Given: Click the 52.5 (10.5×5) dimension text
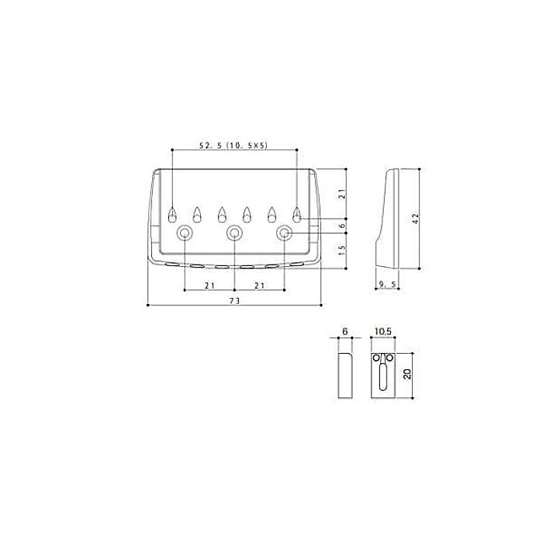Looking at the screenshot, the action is (x=233, y=146).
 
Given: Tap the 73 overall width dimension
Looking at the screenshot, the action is (x=234, y=301).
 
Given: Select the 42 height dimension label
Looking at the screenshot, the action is (x=416, y=218).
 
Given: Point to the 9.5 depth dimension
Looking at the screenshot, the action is (x=387, y=285).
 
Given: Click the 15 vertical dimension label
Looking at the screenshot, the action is (x=342, y=251).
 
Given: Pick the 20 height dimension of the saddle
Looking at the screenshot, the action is (x=407, y=374).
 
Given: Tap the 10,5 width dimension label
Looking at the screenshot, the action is (x=382, y=331).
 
